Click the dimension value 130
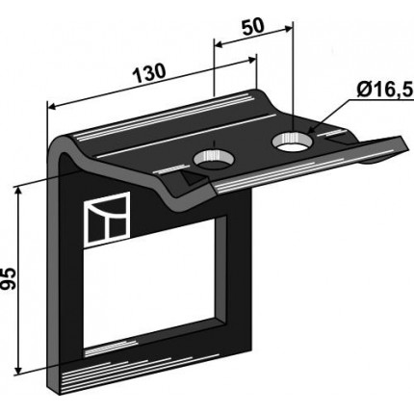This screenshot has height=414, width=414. point(149,73)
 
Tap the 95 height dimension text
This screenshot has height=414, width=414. point(9,278)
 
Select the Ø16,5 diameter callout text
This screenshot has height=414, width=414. point(384,91)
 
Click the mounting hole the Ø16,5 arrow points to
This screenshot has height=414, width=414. point(292,141)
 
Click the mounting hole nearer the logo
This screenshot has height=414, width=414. point(214,159)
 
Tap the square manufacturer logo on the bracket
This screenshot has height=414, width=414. point(107,220)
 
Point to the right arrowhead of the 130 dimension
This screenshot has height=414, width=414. point(252,60)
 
